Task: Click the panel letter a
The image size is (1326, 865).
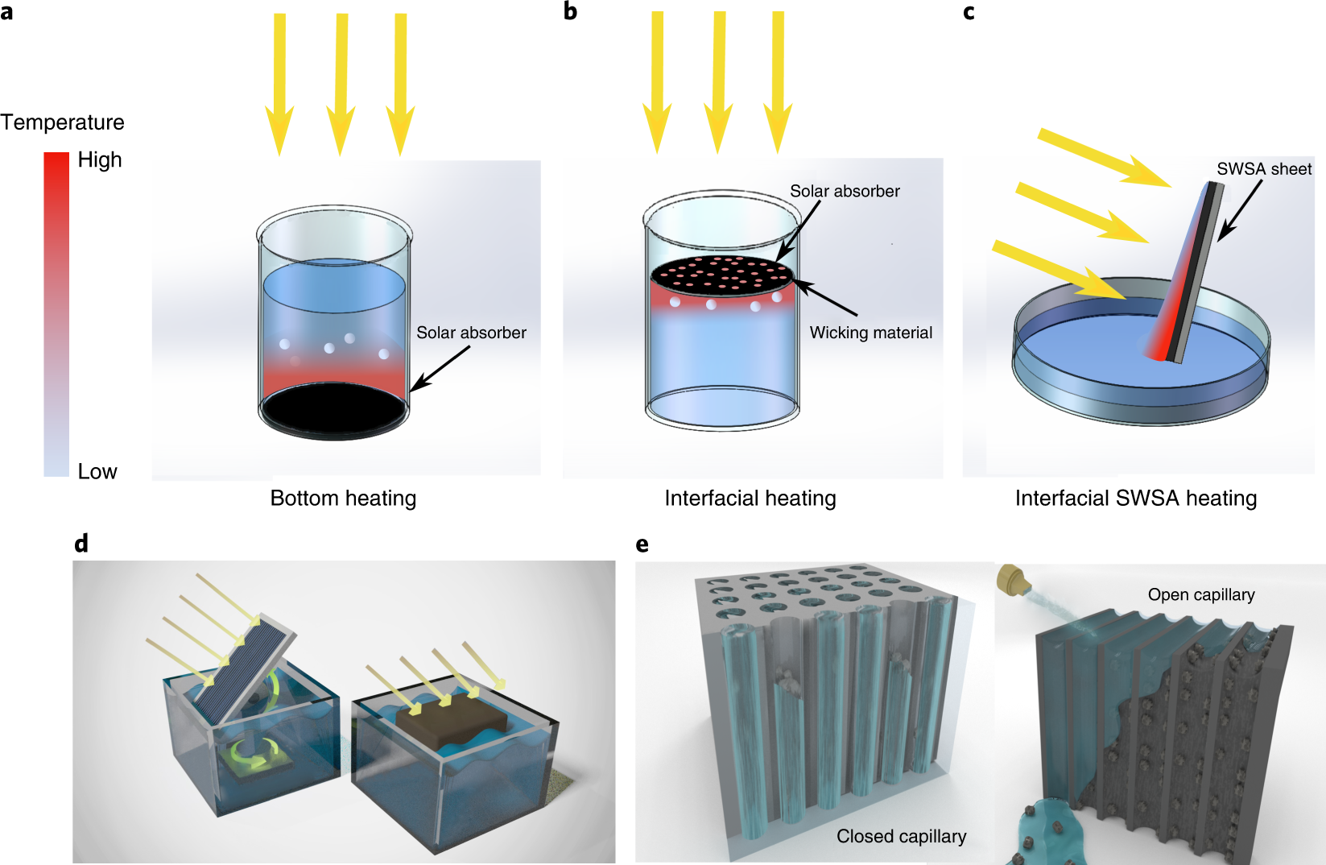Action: (6, 12)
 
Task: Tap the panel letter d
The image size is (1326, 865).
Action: (81, 543)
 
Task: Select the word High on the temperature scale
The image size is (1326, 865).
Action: (100, 159)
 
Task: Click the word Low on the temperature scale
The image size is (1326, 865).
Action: (97, 471)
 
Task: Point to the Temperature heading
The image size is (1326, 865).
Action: (62, 122)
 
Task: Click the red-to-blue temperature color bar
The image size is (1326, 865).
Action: (56, 314)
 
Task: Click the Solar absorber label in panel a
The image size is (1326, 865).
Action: (471, 333)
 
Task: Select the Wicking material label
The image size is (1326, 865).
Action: (871, 333)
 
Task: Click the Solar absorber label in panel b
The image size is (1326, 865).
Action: (845, 191)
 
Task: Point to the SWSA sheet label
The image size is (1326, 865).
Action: (1264, 169)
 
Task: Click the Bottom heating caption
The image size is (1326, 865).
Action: (343, 499)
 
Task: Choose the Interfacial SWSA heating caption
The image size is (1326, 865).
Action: (1136, 499)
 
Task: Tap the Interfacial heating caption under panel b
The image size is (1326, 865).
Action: (750, 499)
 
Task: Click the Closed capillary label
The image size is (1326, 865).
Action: (901, 836)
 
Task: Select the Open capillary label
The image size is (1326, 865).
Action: (1201, 594)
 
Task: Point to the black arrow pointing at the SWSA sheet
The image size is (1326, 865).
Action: (1240, 210)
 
